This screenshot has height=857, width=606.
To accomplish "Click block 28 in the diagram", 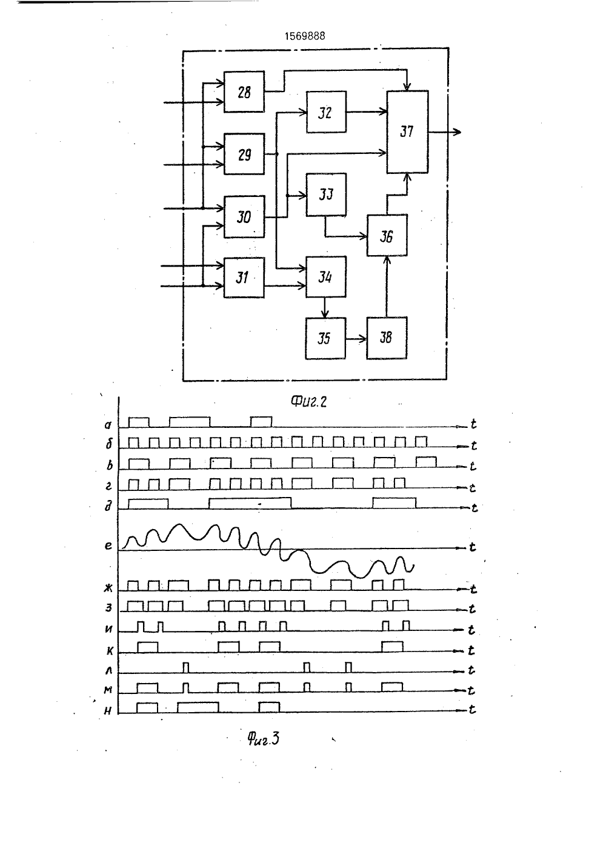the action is click(244, 92).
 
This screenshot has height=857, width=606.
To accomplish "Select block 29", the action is click(244, 154).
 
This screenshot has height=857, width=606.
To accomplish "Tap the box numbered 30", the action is click(244, 217).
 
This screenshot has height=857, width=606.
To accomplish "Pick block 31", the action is click(244, 278).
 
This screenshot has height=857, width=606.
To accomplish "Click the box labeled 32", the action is click(327, 112).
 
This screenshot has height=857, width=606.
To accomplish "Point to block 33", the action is click(327, 195).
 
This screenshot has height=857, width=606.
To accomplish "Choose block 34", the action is click(326, 276).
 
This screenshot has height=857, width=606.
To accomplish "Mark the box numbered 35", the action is click(325, 338).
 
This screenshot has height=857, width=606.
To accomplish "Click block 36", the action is click(387, 235).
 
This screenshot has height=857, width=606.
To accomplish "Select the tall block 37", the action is click(407, 132).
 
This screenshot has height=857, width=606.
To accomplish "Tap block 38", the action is click(387, 338).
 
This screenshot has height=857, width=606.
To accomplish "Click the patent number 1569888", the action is click(305, 36).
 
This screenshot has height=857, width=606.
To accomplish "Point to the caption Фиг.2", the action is click(308, 401).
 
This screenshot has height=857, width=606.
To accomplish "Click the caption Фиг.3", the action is click(264, 738).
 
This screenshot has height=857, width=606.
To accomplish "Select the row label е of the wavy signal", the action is click(108, 545).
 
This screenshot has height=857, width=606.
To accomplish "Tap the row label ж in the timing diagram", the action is click(108, 588).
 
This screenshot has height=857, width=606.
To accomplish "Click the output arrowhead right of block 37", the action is click(458, 132).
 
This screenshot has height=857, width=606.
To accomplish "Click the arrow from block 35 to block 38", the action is click(356, 339).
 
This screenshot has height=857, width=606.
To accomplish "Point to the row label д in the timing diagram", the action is click(108, 506).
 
